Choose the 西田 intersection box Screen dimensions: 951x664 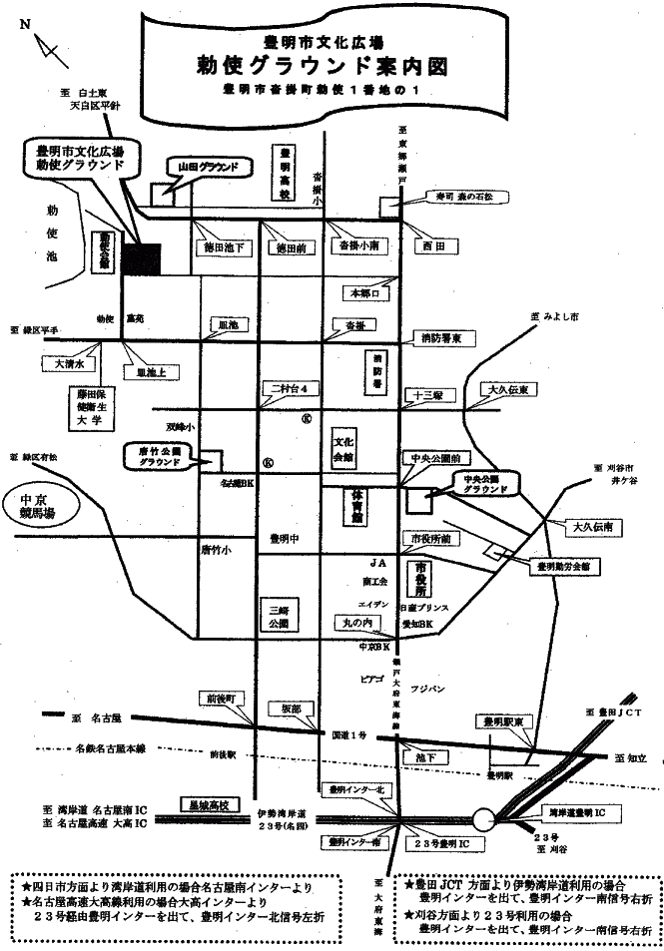click(431, 244)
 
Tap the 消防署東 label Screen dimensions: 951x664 click(439, 337)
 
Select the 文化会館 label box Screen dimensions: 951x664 click(343, 447)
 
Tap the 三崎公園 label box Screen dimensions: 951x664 click(277, 613)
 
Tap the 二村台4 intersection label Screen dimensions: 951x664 click(288, 388)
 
